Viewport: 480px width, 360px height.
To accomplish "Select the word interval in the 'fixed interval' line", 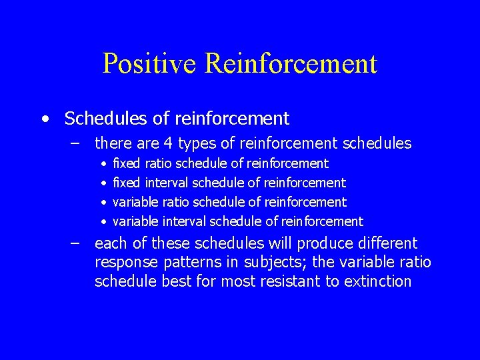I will pos(168,183).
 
